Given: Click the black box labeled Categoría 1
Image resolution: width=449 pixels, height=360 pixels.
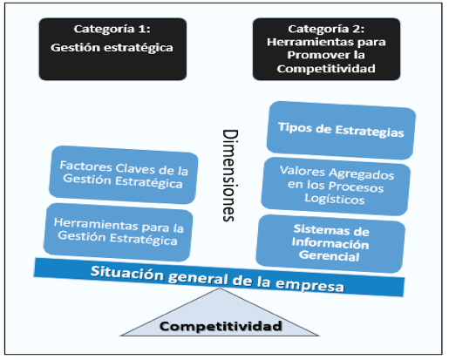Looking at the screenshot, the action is point(112,49).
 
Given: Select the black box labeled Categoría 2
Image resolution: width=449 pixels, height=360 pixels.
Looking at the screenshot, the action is point(326,49).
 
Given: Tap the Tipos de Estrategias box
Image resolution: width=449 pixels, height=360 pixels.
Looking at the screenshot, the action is point(341,130).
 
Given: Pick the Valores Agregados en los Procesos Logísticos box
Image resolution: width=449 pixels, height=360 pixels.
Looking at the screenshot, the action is point(336,187).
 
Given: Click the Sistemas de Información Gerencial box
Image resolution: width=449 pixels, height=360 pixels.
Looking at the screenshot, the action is point(330,244).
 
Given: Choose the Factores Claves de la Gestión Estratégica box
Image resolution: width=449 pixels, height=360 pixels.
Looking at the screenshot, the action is point(124,174).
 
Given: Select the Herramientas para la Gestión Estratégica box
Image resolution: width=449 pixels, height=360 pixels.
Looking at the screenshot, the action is point(118,232).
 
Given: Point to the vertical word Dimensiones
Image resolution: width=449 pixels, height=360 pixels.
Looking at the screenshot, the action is point(229,175).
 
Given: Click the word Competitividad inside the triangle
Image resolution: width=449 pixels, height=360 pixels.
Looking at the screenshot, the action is point(221,326).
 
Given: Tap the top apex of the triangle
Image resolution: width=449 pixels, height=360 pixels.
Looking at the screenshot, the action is point(220,288).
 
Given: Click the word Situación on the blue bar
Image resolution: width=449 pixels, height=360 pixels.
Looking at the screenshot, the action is point(127,273).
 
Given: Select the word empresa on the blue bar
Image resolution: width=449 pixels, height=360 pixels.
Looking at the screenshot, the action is point(310,285).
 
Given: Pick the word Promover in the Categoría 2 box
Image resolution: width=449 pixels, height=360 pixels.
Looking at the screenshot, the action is point(312,55).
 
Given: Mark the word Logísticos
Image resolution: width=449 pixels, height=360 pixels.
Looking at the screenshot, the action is point(335,199).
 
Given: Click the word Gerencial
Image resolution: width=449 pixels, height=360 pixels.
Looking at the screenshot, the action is point(329,256).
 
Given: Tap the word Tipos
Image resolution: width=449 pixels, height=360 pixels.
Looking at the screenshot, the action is point(295,127).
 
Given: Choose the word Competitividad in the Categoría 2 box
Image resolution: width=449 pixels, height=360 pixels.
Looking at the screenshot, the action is point(326,69).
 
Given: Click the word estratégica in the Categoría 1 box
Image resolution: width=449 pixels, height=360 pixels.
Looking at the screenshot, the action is point(139,48).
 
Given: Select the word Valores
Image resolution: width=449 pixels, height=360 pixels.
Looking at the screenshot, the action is point(303,171).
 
